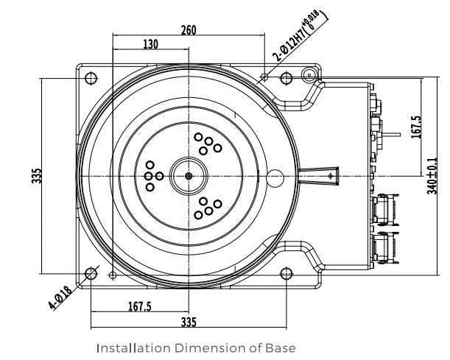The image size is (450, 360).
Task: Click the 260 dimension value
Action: [x=189, y=30]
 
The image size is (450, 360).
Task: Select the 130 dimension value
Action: [x=151, y=44]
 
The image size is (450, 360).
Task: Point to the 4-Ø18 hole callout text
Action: [x=60, y=297]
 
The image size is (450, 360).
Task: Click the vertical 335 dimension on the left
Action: [x=37, y=176]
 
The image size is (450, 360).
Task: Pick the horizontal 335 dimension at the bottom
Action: [x=189, y=322]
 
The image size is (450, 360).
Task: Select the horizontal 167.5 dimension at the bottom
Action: [x=140, y=307]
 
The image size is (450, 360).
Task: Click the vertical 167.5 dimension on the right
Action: [x=417, y=127]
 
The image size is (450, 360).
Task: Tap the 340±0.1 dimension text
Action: [x=432, y=175]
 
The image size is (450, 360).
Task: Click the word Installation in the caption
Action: [x=134, y=348]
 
